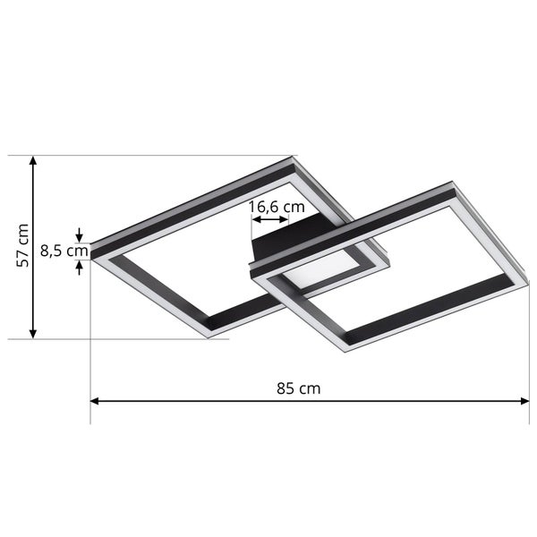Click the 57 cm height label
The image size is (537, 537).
(x=24, y=245)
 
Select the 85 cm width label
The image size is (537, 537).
(x=298, y=388)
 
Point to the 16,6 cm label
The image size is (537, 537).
(x=277, y=207)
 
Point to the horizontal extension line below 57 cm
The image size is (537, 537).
(x=134, y=339)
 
